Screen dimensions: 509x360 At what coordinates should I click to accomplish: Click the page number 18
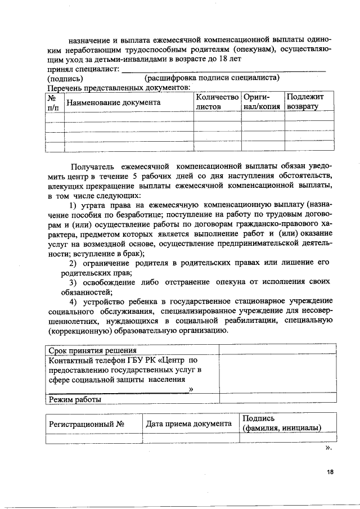(x=330, y=472)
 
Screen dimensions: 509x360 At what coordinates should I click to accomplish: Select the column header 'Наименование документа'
(x=113, y=102)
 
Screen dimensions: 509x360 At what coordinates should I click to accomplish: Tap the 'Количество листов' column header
(x=217, y=101)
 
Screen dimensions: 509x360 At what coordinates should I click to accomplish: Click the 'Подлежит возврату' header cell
(x=309, y=101)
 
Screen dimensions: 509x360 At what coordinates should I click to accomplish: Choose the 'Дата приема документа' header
(x=189, y=423)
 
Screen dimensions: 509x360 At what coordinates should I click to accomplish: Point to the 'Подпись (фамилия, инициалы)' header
(x=281, y=423)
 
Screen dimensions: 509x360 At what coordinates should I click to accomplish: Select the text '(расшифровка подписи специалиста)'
(x=212, y=78)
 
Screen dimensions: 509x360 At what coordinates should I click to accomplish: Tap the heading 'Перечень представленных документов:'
(x=119, y=88)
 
